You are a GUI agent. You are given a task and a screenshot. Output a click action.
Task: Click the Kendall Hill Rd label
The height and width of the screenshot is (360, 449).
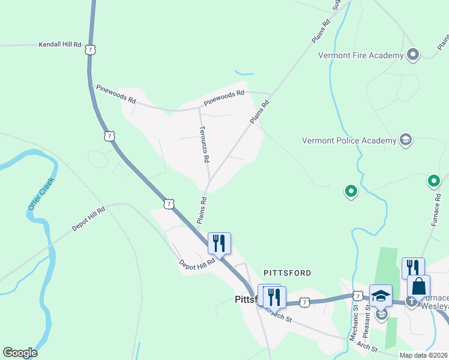tap(59, 44)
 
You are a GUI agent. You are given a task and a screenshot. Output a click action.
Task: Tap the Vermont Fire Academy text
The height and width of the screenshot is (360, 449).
tap(360, 56)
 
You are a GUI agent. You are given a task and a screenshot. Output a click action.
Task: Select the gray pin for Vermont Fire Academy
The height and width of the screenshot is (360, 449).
tap(412, 55)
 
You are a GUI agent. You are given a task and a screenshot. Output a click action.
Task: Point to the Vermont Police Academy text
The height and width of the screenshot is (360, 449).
tap(349, 141)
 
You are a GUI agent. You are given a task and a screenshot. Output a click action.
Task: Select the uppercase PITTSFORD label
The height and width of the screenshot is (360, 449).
tap(287, 273)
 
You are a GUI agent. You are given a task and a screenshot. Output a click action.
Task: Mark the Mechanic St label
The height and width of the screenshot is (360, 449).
tap(355, 325)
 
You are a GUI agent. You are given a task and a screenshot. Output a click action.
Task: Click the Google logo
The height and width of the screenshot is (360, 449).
tap(20, 353)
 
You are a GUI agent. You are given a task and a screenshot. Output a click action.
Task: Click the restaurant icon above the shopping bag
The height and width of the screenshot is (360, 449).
tap(413, 267)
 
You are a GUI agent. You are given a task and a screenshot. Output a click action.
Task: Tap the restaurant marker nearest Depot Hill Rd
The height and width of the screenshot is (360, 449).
tap(219, 243)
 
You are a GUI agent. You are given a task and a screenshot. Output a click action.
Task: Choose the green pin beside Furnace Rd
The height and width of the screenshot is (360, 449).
tap(433, 181)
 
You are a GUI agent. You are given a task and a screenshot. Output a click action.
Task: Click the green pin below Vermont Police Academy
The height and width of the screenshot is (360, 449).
tap(351, 192)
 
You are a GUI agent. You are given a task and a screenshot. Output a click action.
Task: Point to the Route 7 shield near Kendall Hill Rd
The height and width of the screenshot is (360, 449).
tap(89, 49)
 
